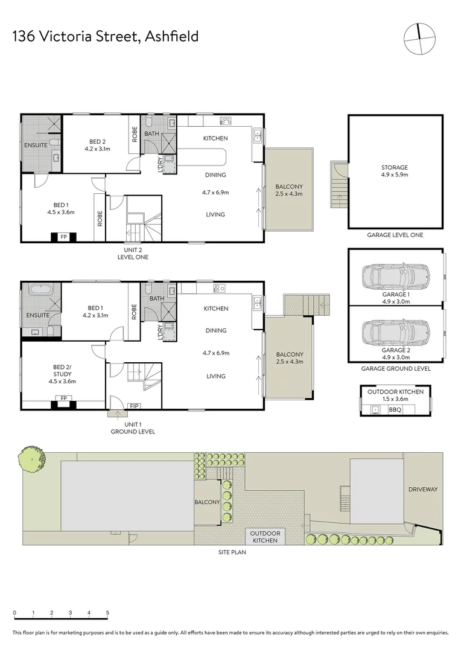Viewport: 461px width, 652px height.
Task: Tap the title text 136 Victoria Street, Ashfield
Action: coord(106,37)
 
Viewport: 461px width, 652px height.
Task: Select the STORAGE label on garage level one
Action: coord(395,168)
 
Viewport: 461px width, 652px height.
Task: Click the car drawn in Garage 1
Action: coord(395,278)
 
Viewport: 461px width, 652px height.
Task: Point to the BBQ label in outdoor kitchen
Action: coord(395,410)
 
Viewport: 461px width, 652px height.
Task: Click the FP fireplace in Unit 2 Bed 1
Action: coord(63,237)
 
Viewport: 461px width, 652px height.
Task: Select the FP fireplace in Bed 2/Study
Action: coord(63,398)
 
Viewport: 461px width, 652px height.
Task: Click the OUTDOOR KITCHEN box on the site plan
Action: coord(265,536)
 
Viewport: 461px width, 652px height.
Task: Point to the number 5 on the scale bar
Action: coord(107,613)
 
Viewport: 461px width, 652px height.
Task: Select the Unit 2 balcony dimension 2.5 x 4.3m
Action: coord(288,194)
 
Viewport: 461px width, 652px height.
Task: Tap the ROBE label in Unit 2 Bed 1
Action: coord(100,217)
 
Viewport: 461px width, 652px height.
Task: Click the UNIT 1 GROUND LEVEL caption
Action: coord(132,427)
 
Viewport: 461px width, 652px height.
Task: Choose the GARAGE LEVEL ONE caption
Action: coord(395,235)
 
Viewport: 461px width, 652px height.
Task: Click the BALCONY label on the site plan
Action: coord(207,502)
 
